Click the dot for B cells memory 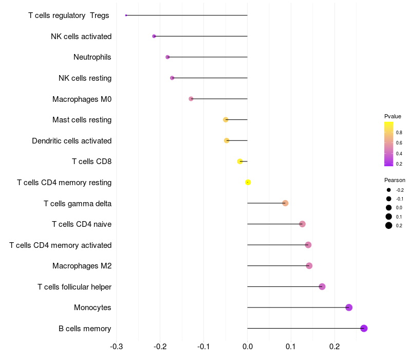pos(364,328)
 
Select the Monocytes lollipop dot pos(349,308)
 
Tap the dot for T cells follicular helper pos(322,286)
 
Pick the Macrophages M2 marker pos(309,265)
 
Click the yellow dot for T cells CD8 pos(240,161)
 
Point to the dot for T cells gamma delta pos(285,203)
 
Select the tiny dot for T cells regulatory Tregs pos(126,15)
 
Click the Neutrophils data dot pos(167,57)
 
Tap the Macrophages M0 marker pos(191,99)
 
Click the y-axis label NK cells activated pos(81,36)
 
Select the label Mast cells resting pos(82,120)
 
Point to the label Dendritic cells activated pos(71,140)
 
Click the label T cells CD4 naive pos(82,224)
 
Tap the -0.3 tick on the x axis pos(117,346)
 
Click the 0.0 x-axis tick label pos(248,346)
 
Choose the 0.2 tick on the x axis pos(335,346)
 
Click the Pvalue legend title pos(393,116)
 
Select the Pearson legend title pos(395,180)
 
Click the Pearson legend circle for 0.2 pos(389,225)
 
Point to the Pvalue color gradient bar pos(389,144)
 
